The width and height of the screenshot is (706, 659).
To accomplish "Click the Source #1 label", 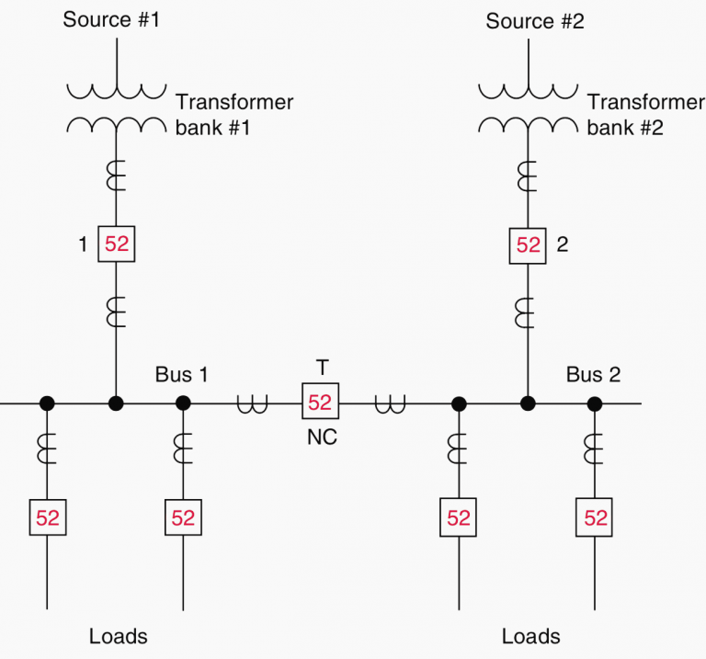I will pos(111,19).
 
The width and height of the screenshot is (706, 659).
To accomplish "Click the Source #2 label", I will pos(534,20).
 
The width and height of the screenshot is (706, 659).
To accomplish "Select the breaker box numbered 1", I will pos(117,244).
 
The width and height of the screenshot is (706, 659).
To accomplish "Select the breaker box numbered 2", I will pos(528,244).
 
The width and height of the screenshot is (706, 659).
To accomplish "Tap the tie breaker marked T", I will pos(320,403).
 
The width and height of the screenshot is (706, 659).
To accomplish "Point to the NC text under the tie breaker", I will pos(322,437).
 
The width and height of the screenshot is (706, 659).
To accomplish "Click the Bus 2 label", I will pos(593,374).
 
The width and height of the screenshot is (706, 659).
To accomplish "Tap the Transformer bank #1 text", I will pos(233,114).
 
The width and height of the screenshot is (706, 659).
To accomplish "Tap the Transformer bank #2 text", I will pos(645,114).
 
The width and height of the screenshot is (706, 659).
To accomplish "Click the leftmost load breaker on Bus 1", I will pos(47,517).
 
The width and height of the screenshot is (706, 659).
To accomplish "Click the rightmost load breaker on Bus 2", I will pos(596,517).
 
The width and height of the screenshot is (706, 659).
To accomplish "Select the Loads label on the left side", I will pos(118,636).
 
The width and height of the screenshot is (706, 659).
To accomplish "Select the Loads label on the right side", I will pos(530,636).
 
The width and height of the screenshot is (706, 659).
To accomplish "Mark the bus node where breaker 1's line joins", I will pos(116,403).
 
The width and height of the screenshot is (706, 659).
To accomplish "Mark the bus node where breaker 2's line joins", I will pos(528,403).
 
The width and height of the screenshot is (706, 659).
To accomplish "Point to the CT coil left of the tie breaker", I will pos(249,403).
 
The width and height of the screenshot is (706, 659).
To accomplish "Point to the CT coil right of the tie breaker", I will pos(390,403).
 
